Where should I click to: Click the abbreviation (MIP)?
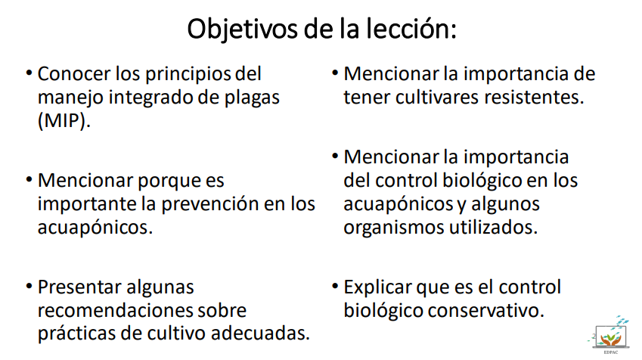pyautogui.click(x=64, y=121)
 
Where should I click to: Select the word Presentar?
pyautogui.click(x=79, y=287)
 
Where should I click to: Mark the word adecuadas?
pyautogui.click(x=260, y=333)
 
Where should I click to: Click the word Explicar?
pyautogui.click(x=377, y=288)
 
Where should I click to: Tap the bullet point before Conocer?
pyautogui.click(x=29, y=73)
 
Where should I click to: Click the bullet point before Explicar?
pyautogui.click(x=335, y=287)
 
